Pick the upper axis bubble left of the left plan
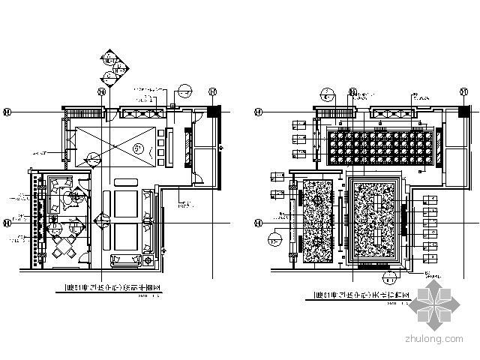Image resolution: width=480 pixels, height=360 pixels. (7, 111)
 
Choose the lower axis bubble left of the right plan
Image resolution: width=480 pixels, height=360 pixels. (259, 223)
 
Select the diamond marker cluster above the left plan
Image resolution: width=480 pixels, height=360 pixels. (109, 67)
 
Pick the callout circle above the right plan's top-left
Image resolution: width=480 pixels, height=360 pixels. (327, 94)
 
